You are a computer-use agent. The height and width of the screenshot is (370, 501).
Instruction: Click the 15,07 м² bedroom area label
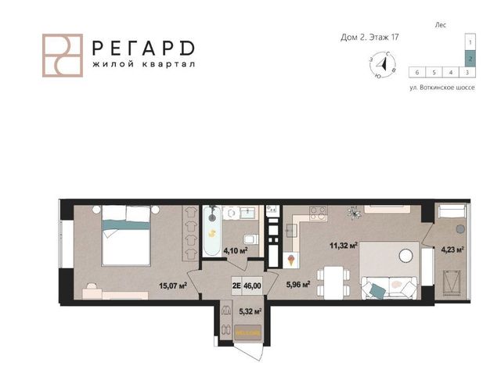[173, 286]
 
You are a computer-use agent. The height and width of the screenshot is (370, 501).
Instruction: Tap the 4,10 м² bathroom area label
[236, 250]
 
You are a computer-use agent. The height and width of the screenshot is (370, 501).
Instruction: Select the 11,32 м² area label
[344, 246]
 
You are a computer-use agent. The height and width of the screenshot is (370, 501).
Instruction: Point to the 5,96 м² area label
[298, 284]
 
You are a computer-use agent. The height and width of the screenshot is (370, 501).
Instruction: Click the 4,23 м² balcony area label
[452, 250]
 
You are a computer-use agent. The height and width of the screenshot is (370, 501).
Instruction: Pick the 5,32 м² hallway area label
[250, 311]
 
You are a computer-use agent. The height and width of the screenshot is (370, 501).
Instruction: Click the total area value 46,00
[252, 286]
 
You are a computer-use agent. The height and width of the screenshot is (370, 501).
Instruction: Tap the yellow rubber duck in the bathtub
[212, 234]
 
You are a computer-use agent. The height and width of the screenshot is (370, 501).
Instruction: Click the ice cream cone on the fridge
[291, 260]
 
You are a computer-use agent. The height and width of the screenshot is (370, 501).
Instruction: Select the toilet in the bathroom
[250, 239]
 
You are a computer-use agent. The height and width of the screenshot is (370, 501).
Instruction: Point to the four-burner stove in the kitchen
[318, 214]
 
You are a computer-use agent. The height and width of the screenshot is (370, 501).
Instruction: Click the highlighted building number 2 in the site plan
[470, 59]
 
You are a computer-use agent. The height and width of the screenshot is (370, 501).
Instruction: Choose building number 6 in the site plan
[417, 73]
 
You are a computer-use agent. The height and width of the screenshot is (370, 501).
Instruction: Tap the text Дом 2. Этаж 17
[369, 38]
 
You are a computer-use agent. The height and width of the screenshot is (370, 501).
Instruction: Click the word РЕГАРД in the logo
[143, 48]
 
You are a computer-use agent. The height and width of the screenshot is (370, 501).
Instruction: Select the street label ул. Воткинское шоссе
[442, 88]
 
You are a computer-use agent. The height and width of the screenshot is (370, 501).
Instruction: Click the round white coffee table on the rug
[406, 255]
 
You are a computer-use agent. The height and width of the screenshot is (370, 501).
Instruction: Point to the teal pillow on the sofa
[377, 291]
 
